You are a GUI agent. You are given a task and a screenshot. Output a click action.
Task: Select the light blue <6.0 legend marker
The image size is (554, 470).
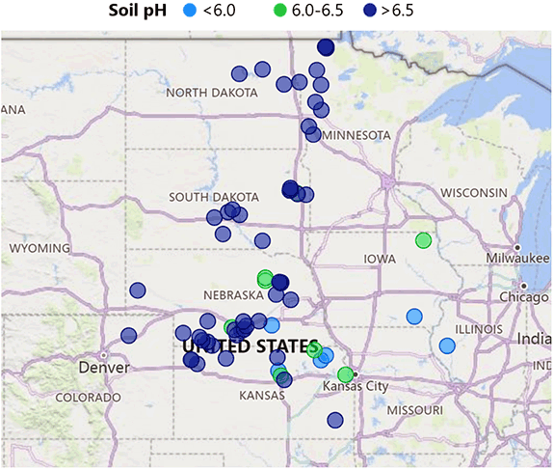click(x=190, y=11)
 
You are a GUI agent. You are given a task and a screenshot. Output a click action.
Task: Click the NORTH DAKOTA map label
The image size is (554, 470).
click(x=212, y=93)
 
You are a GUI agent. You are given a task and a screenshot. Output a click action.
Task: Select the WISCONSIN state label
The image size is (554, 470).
click(x=474, y=193)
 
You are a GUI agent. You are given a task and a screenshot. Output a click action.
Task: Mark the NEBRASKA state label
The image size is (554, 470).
click(x=234, y=294)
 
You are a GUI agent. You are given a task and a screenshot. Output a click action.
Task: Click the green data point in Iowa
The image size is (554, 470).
click(x=422, y=240)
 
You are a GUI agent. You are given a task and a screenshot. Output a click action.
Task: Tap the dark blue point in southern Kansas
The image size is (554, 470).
click(x=334, y=420)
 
